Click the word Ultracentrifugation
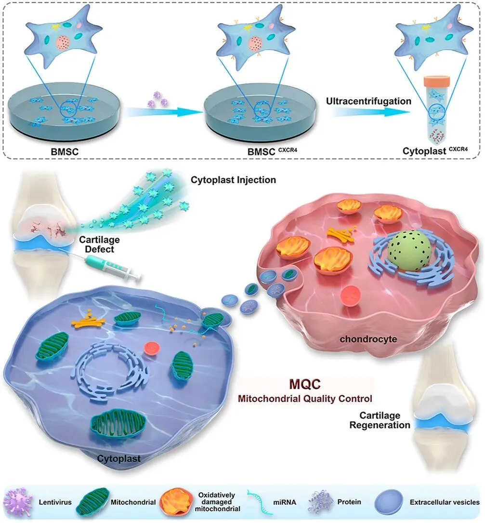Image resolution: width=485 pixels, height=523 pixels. coord(368,102)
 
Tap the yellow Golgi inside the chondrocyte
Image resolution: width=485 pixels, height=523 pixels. coord(341,233)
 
